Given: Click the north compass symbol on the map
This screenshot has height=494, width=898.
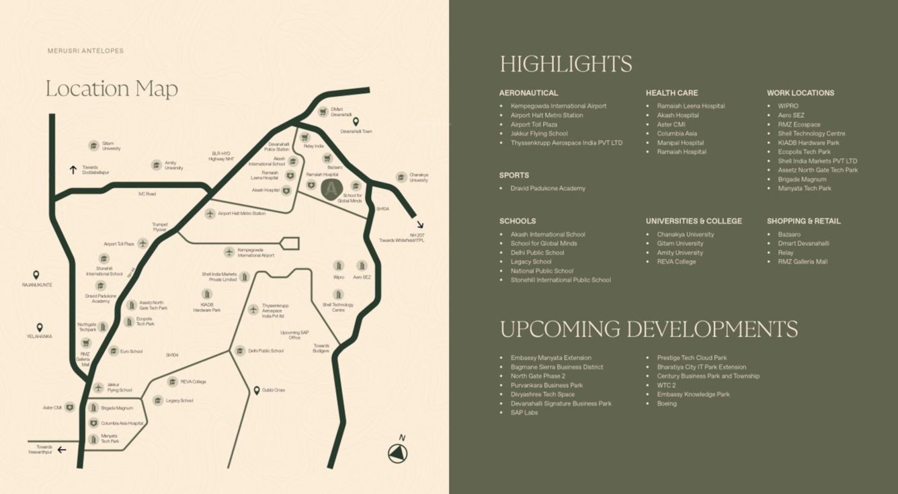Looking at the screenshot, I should point(398,454).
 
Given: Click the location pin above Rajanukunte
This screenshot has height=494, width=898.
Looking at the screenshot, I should point(36,275).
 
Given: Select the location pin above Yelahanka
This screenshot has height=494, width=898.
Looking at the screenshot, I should point(40,327).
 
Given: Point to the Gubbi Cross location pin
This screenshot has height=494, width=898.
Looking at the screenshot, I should point(256,390).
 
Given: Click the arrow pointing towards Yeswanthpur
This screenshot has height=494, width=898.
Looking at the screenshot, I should point(62,450).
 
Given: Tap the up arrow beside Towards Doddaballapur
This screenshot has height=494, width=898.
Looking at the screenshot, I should point(73,169).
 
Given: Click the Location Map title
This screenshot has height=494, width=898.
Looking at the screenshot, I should point(112,88).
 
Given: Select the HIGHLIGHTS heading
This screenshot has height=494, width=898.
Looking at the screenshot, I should point(565,64).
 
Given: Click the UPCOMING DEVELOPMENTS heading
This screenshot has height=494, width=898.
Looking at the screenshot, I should point(648,329).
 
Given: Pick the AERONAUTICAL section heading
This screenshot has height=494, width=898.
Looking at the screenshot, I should point(528,93).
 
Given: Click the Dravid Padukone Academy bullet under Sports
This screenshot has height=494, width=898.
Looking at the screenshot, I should point(547,188).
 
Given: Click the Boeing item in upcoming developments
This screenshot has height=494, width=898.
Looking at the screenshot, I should point(667,403).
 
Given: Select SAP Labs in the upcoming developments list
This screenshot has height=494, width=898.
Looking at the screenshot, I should point(524,413).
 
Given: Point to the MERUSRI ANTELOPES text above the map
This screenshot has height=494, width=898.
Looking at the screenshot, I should point(85,51).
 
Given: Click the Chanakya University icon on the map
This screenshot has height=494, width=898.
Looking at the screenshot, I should point(401,177).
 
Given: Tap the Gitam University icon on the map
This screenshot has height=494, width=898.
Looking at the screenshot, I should point(93,146).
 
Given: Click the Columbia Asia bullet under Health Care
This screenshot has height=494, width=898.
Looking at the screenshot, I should point(676,133).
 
